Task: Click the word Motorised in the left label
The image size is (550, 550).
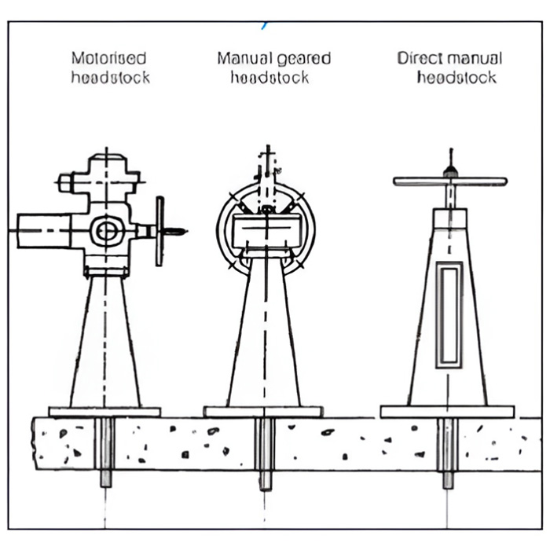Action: coord(108,58)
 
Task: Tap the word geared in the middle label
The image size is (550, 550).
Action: coord(304,59)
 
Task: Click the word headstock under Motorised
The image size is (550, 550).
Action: coord(111,77)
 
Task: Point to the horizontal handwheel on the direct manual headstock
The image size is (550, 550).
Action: coord(450,181)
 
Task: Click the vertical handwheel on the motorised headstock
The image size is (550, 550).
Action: coord(159,231)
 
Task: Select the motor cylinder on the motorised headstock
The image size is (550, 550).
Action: coord(44,231)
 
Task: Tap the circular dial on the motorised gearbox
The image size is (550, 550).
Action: coord(108,231)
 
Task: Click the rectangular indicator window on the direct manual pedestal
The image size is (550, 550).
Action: coord(449,315)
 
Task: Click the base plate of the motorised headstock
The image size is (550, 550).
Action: coord(104,412)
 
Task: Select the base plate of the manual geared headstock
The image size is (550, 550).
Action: coord(263,412)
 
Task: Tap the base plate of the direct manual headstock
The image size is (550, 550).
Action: coord(448,412)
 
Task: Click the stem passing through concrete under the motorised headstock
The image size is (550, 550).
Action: coord(104,452)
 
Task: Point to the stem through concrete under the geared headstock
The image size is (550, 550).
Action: coord(265,453)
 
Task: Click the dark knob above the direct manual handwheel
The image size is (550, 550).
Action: coord(451,172)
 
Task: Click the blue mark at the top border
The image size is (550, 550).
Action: coord(265,26)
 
